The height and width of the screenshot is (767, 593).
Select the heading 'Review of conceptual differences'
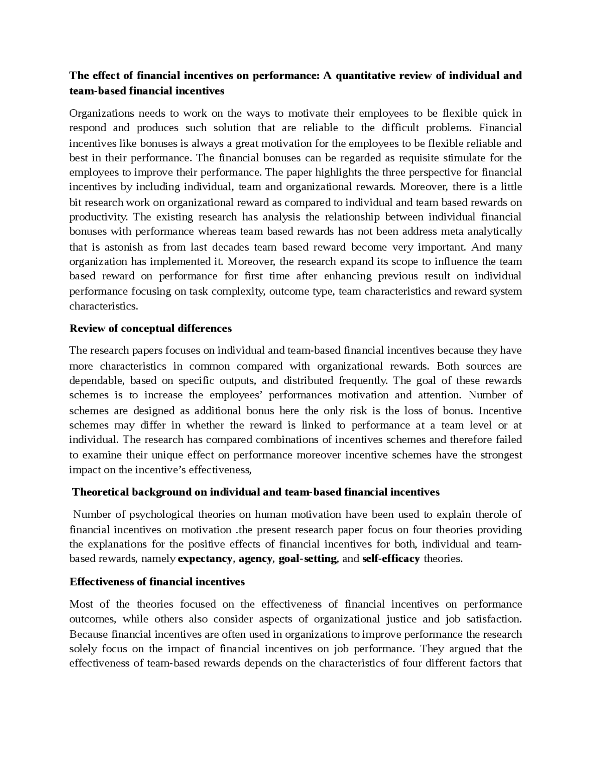click(151, 328)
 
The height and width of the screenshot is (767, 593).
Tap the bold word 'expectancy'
click(205, 559)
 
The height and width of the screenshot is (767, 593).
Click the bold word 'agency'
click(255, 559)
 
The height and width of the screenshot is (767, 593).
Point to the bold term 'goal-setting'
click(308, 559)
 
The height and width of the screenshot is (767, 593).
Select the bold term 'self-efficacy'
click(391, 559)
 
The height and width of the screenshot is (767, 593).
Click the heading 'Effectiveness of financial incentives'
click(157, 582)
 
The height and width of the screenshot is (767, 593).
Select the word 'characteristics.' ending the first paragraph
click(104, 306)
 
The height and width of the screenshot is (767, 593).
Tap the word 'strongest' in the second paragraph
click(501, 455)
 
